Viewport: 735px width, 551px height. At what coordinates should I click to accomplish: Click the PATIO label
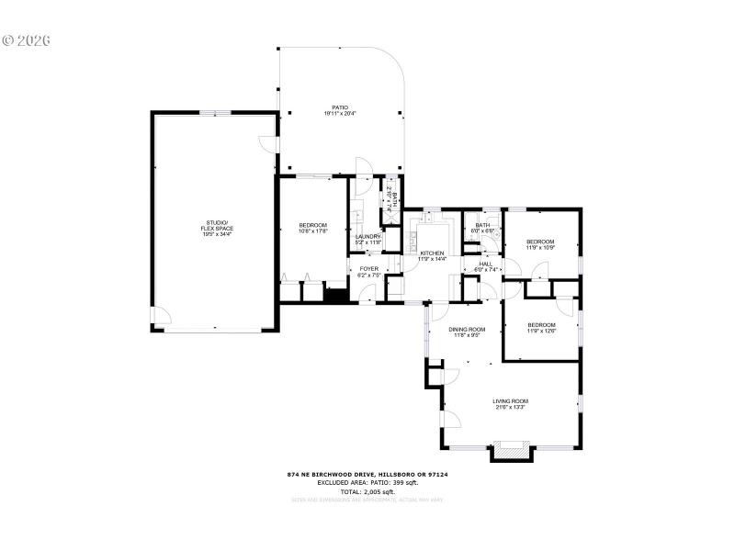pos(340,107)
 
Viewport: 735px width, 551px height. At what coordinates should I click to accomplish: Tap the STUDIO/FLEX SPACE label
pos(218,225)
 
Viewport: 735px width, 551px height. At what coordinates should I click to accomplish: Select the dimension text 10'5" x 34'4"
pos(218,234)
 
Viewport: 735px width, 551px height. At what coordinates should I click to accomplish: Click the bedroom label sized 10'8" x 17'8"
pos(312,225)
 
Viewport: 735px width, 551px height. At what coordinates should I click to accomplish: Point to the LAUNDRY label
pos(368,237)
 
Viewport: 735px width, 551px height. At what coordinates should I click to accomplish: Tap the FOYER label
pos(368,269)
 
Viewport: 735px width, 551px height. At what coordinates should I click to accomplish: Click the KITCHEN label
pos(432,253)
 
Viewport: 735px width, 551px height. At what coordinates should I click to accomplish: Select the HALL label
pos(485,264)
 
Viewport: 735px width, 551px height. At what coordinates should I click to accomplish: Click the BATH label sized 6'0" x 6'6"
pos(482,225)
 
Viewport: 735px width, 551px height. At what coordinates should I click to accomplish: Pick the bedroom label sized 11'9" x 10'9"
pos(540,242)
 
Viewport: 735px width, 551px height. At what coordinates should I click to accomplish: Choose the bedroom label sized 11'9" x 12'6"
pos(540,324)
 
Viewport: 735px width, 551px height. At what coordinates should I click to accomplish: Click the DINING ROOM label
pos(467,329)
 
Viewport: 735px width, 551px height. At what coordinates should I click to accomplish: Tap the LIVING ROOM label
pos(510,400)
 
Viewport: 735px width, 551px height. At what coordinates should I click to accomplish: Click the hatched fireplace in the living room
pos(511,451)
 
